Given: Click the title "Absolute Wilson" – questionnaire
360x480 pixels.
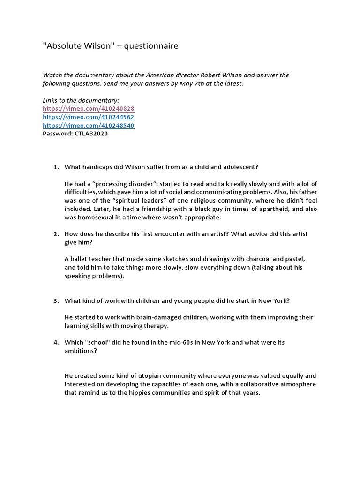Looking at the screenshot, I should click(x=111, y=46).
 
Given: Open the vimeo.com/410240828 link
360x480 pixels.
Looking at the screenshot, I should click(x=89, y=109).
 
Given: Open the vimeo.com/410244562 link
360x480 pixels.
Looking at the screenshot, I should click(x=89, y=117).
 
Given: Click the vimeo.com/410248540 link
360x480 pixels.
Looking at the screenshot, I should click(x=89, y=126).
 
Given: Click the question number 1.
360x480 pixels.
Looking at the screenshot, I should click(x=55, y=167).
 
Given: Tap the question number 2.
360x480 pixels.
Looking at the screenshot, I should click(x=55, y=234).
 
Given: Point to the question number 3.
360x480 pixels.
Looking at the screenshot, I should click(x=55, y=301).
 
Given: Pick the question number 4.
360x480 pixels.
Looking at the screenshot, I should click(x=55, y=343).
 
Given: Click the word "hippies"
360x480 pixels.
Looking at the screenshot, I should click(x=143, y=393).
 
